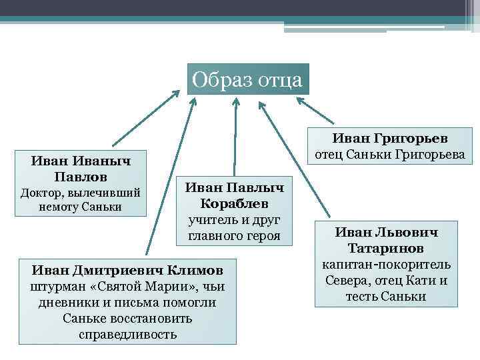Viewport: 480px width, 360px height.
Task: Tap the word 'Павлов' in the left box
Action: pyautogui.click(x=81, y=177)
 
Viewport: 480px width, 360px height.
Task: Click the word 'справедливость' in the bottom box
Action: pyautogui.click(x=128, y=333)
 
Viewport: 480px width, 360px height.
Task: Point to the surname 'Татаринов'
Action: pyautogui.click(x=386, y=249)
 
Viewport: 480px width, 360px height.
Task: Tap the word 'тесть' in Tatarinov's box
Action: pyautogui.click(x=363, y=297)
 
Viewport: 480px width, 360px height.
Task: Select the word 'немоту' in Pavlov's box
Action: pyautogui.click(x=62, y=207)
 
